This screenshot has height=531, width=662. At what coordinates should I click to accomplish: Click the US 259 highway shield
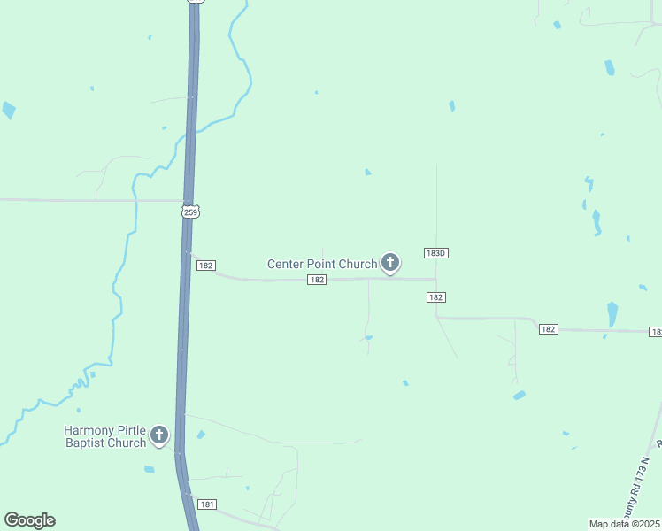click(x=192, y=211)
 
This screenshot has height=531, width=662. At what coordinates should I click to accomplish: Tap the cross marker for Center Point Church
click(x=389, y=262)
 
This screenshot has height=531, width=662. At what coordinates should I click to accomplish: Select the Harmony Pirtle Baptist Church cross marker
click(x=159, y=435)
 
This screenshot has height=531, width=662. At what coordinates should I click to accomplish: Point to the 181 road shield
click(x=207, y=504)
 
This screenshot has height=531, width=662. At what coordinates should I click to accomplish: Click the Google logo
click(x=29, y=520)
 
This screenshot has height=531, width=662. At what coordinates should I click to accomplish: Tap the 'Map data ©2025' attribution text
click(x=624, y=524)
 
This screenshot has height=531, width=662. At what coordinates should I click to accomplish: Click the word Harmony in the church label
click(x=89, y=430)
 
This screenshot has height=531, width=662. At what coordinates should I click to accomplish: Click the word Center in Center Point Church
click(x=289, y=264)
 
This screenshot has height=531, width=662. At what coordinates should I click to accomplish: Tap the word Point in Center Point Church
click(x=325, y=264)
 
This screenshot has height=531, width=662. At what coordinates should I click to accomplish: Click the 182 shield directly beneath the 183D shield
click(x=435, y=297)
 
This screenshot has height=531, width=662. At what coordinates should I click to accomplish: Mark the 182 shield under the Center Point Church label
click(x=318, y=280)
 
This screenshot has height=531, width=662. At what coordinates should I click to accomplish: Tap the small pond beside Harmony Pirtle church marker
click(x=201, y=435)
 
